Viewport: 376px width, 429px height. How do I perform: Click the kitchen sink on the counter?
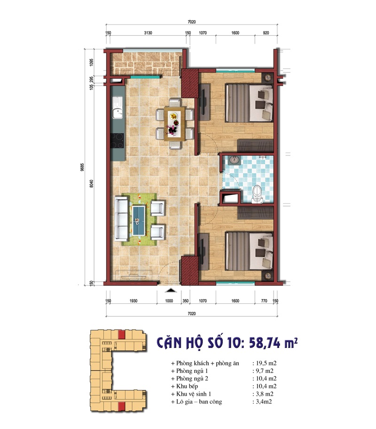(117, 108)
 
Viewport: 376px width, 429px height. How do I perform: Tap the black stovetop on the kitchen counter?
(117, 140)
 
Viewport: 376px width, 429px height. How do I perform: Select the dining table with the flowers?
(174, 124)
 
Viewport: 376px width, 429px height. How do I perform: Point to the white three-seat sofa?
(121, 219)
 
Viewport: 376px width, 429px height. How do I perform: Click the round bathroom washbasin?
(234, 160)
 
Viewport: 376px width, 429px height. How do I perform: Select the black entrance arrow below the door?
(171, 290)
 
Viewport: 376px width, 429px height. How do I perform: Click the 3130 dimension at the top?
(148, 33)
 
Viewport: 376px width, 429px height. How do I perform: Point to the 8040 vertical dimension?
(92, 183)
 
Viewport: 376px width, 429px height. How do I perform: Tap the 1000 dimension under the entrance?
(169, 301)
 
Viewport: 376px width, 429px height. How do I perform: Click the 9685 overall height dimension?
(82, 167)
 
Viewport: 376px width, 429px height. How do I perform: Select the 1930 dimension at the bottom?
(133, 301)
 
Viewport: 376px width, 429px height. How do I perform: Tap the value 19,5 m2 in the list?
(266, 363)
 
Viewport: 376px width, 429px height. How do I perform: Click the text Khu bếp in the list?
(187, 386)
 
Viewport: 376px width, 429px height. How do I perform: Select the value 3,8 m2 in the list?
(265, 394)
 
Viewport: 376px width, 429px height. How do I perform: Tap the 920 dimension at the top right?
(266, 33)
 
